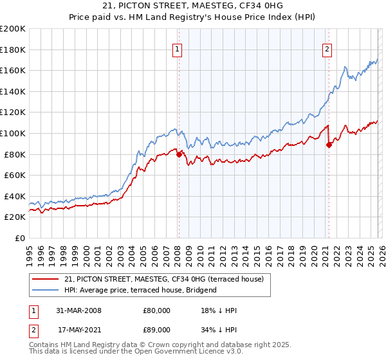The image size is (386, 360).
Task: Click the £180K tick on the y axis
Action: pyautogui.click(x=13, y=50)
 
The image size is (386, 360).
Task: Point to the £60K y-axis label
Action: pyautogui.click(x=15, y=175)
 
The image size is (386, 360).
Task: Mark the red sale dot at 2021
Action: pyautogui.click(x=329, y=145)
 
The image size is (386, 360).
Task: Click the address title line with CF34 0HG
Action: pyautogui.click(x=192, y=6)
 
